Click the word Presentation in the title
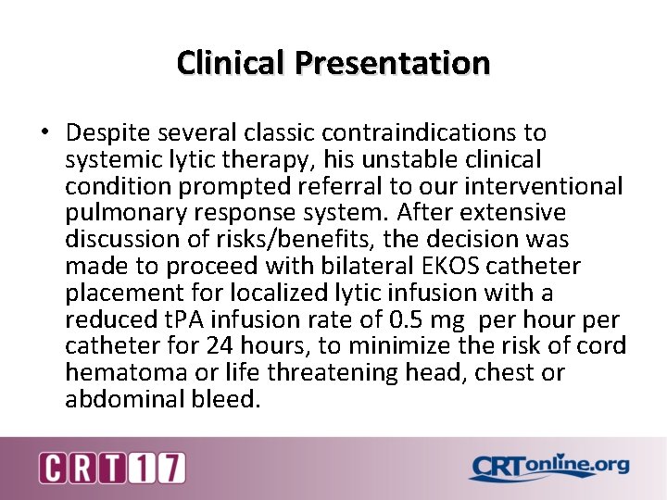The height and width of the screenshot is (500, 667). point(393,63)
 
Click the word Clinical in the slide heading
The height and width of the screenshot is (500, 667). point(233,63)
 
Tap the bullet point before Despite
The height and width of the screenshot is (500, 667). point(44,132)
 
